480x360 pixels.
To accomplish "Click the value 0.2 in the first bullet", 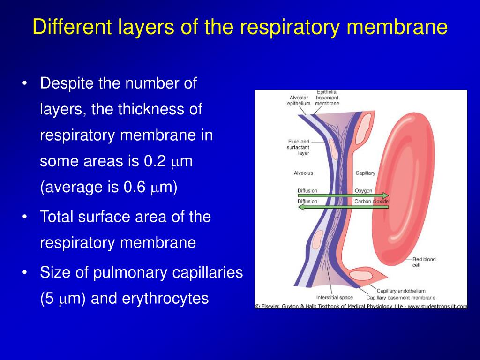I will click(x=155, y=161).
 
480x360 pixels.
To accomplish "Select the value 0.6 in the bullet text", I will click(x=135, y=187).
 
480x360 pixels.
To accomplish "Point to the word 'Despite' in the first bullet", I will click(x=67, y=84).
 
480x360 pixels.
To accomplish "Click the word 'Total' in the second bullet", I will click(x=58, y=217).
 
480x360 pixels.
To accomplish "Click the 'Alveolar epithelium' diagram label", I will click(x=299, y=100).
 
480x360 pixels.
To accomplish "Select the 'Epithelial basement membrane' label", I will click(x=327, y=97).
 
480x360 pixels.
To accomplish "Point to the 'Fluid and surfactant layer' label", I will click(x=299, y=147).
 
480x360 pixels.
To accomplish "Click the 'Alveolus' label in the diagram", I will click(x=303, y=173).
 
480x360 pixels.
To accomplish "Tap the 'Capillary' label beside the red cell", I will click(x=365, y=173).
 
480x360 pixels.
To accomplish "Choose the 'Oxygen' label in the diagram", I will click(x=363, y=191).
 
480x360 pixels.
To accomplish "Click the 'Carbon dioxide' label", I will click(x=371, y=202).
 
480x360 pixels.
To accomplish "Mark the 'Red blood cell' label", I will click(x=423, y=262).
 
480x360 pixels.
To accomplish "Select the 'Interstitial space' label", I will click(x=334, y=297).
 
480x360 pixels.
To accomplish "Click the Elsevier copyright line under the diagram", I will click(x=361, y=306).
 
